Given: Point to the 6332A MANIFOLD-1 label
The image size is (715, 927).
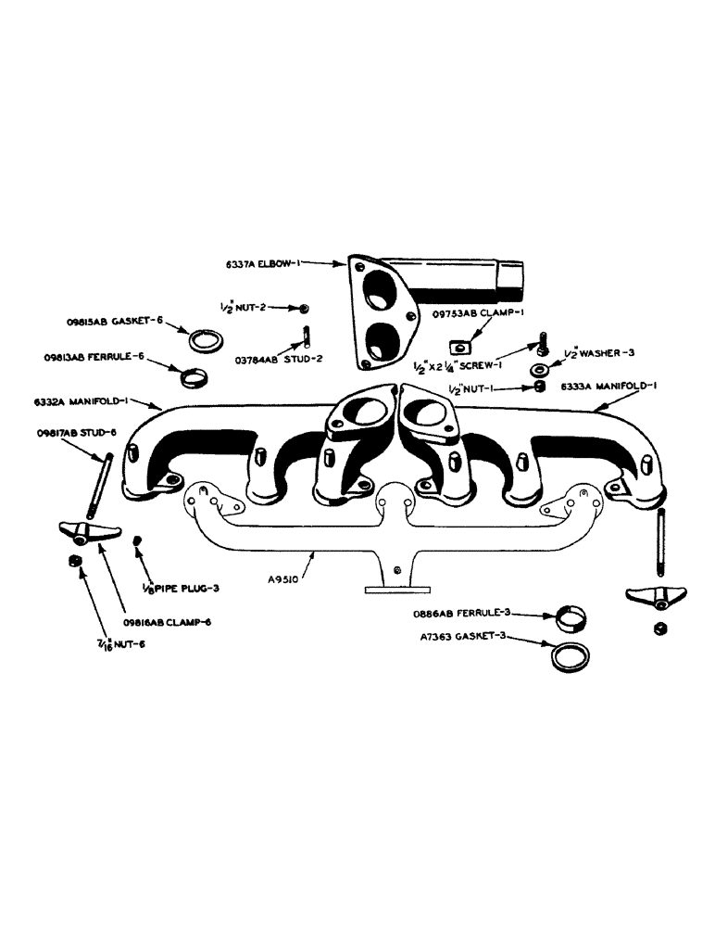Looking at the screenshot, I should [x=82, y=402].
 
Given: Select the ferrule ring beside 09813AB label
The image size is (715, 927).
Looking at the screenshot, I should [x=192, y=377].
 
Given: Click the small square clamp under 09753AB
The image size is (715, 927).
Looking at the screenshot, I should [x=458, y=346].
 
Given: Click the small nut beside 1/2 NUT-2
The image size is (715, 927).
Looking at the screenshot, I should [x=305, y=308].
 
